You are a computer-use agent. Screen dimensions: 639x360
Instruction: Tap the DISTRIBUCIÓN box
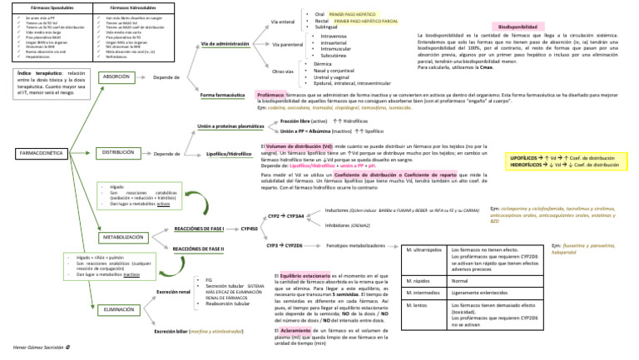[x=120, y=154]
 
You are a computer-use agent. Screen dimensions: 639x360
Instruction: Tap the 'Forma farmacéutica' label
[x=223, y=96]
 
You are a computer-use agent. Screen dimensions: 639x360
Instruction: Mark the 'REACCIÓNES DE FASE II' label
[x=200, y=248]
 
